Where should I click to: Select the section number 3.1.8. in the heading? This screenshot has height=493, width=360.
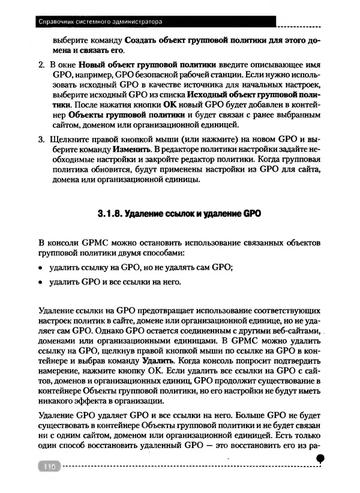(x=112, y=213)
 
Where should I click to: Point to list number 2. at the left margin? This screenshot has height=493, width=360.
(x=41, y=64)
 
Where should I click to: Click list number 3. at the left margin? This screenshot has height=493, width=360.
(x=41, y=140)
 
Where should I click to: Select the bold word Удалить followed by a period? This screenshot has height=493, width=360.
(x=158, y=361)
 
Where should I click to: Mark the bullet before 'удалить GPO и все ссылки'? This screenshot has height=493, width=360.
(x=41, y=282)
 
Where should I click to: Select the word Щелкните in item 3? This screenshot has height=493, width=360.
(x=68, y=140)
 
